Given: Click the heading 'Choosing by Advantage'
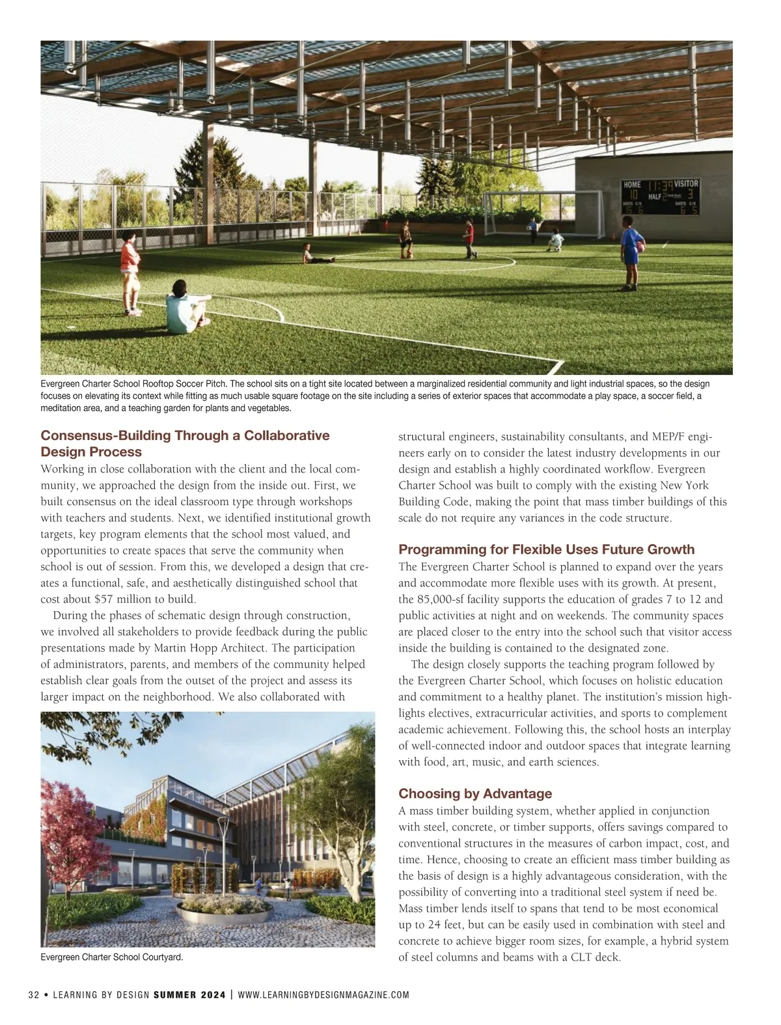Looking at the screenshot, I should tap(474, 793).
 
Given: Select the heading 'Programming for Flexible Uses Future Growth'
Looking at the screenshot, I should tap(546, 549).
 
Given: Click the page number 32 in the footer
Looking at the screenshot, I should tap(34, 994).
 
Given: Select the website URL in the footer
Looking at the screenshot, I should tap(323, 994).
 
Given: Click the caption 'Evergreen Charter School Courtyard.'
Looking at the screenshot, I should tap(111, 957).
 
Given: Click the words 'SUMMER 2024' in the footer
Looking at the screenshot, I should tap(189, 994).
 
